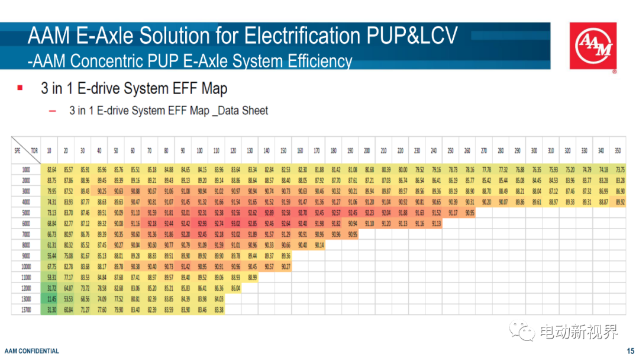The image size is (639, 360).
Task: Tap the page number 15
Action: coord(630,351)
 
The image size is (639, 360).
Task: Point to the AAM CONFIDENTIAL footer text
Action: coord(32,351)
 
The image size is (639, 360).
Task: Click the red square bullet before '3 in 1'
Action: coord(20,88)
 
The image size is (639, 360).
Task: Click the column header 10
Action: coord(51,150)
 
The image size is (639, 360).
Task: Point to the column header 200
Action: coord(368,150)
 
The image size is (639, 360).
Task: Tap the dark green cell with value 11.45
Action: coord(51,299)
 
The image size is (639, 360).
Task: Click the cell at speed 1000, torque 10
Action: coord(51,170)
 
